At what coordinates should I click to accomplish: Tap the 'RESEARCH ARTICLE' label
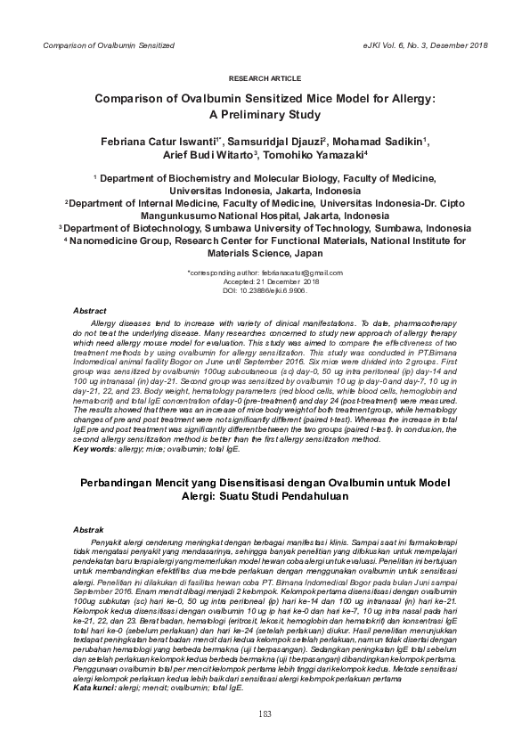(265, 79)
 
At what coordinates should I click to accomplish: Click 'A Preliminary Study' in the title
(265, 115)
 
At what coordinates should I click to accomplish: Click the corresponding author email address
(293, 272)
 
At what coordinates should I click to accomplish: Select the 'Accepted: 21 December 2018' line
(265, 281)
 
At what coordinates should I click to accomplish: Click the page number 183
(265, 713)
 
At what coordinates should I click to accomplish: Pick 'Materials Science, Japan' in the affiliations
(265, 252)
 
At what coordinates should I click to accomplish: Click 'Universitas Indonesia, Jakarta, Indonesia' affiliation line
(265, 191)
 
